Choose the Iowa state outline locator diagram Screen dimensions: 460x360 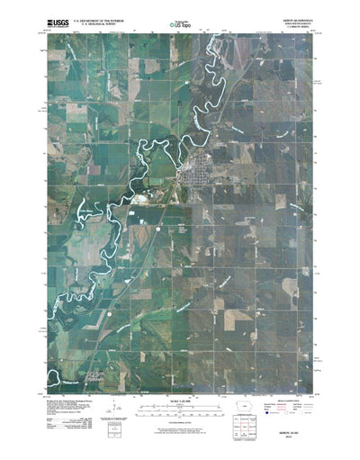(x=256, y=392)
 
